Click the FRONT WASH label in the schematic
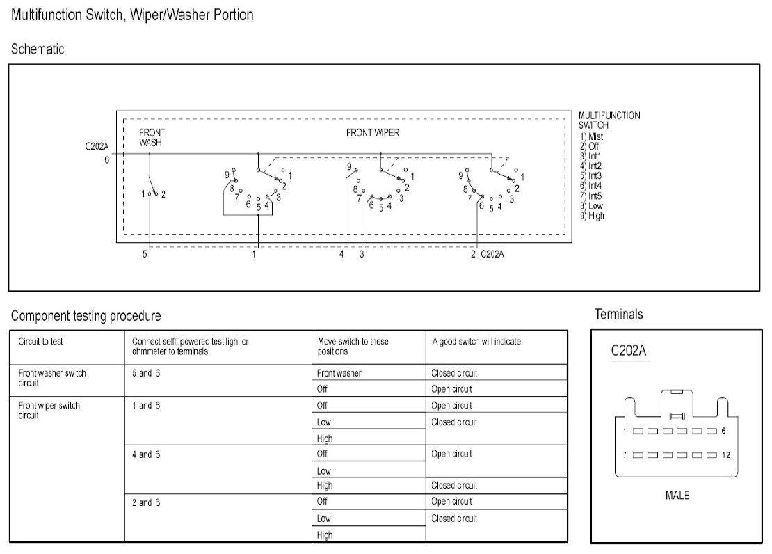click(152, 138)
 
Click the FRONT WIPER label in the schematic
click(372, 133)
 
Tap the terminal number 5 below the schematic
click(145, 255)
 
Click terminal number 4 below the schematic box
click(341, 255)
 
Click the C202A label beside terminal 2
click(492, 255)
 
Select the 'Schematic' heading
click(38, 49)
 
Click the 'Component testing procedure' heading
click(86, 316)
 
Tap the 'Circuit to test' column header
click(40, 342)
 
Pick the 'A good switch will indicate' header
click(476, 342)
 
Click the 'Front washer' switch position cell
click(339, 373)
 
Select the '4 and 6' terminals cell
click(146, 454)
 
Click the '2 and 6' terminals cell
click(146, 502)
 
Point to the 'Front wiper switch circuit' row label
click(49, 411)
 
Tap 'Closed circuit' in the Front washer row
click(454, 373)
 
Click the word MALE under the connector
click(677, 496)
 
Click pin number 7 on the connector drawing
click(625, 455)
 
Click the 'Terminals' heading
click(619, 315)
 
